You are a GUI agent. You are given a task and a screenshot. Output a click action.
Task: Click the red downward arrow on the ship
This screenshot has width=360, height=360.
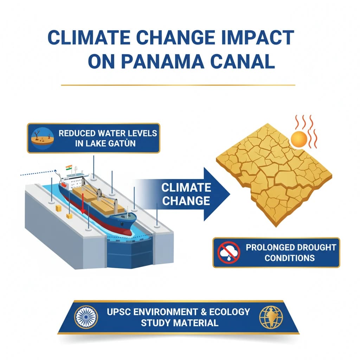[83, 204]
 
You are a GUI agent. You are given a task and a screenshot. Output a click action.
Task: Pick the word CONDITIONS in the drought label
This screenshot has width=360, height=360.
[290, 258]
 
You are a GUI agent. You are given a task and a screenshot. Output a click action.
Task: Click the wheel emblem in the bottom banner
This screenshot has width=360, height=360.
[86, 317]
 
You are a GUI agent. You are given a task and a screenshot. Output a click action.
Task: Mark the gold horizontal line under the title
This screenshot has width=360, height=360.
[178, 85]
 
